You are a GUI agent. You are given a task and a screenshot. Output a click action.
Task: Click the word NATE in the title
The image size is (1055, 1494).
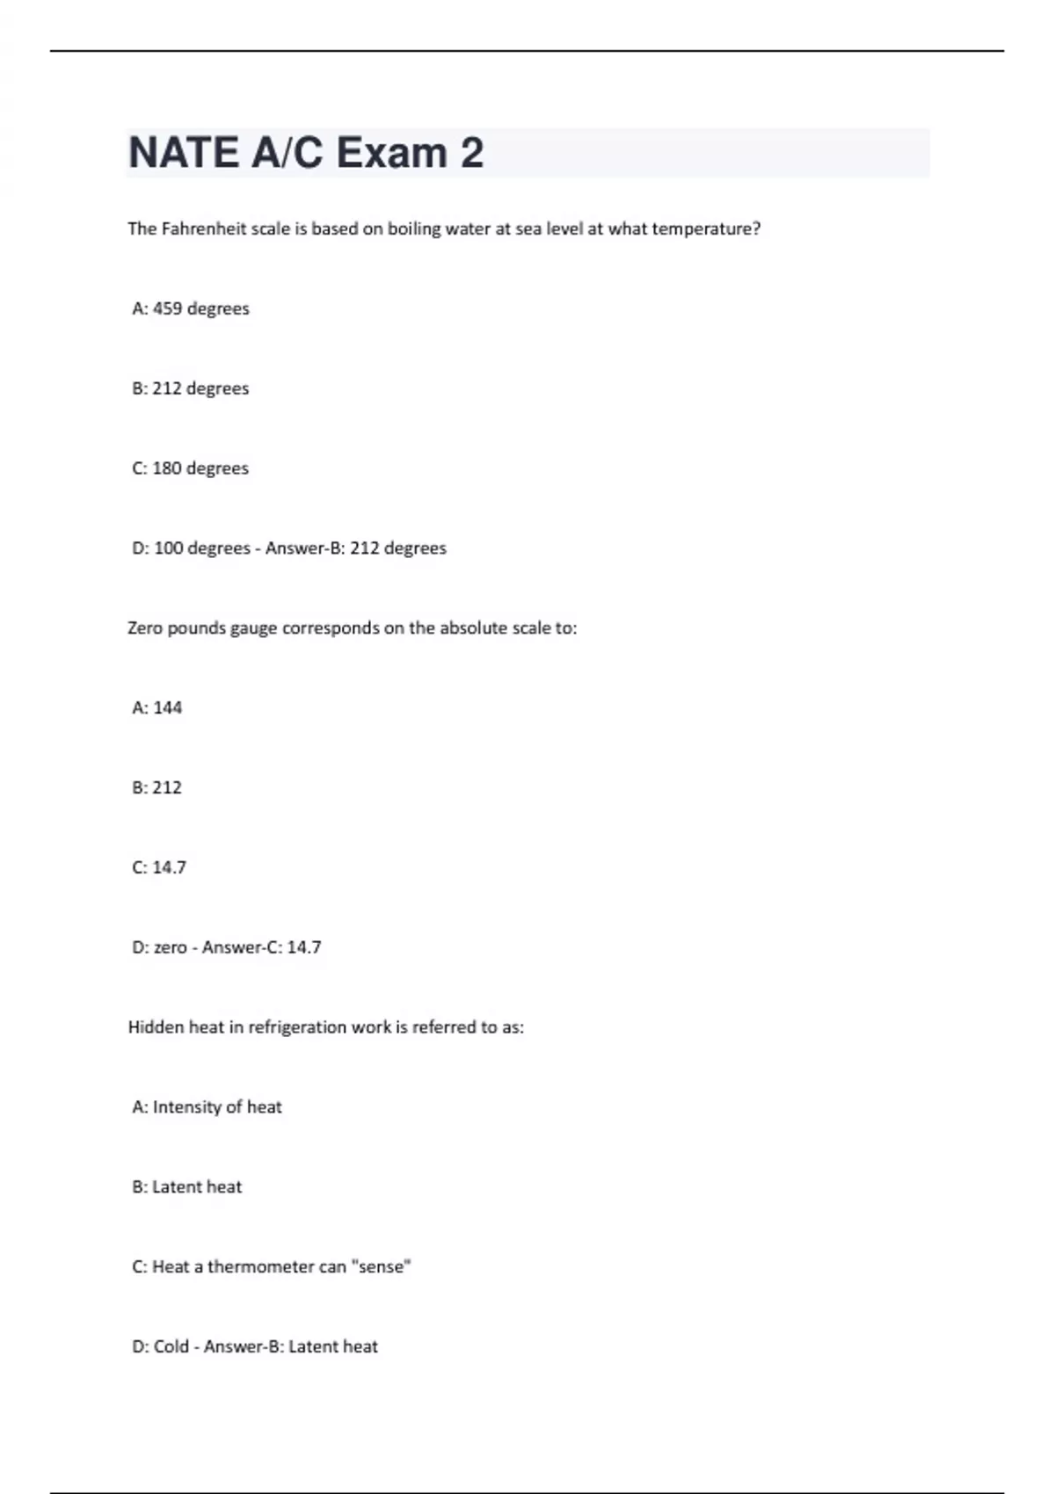[183, 153]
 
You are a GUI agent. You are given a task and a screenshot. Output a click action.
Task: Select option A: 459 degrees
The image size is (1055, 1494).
[191, 308]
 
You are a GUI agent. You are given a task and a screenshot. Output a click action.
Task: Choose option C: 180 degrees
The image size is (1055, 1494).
[191, 468]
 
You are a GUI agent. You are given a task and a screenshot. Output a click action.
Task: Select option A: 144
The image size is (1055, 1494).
[157, 707]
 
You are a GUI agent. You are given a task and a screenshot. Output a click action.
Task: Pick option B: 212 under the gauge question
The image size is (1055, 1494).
[157, 787]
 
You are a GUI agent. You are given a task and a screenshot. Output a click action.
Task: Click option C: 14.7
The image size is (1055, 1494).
[159, 867]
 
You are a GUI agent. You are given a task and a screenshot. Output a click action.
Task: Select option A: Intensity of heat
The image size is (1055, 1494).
[207, 1107]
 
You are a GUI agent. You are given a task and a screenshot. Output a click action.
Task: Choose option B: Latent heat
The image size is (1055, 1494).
[187, 1187]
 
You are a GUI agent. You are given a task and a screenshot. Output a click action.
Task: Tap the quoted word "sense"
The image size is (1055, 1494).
[381, 1267]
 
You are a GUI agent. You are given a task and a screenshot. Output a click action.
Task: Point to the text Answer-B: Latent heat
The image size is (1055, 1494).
[291, 1347]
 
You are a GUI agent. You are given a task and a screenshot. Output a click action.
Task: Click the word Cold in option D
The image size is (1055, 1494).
[171, 1347]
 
